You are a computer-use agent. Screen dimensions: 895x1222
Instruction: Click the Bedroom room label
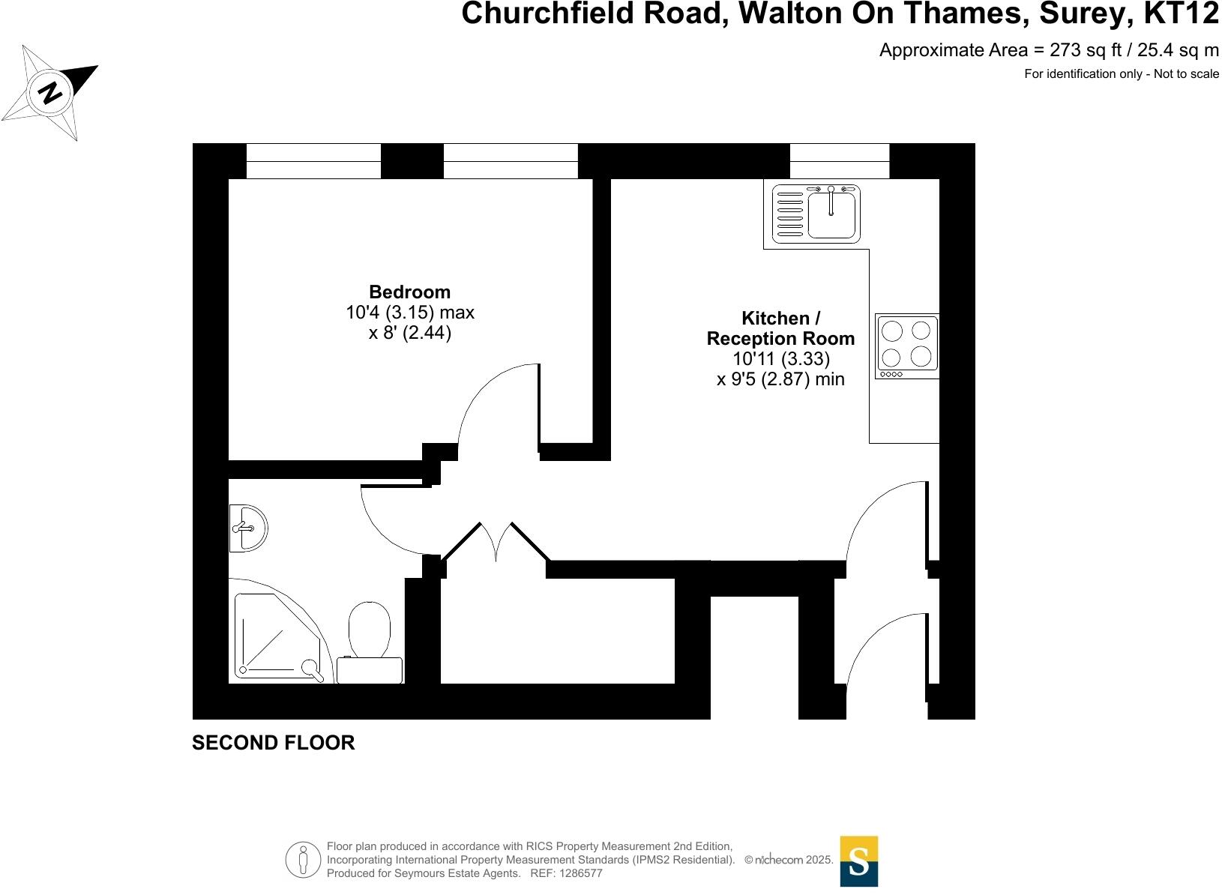click(x=409, y=292)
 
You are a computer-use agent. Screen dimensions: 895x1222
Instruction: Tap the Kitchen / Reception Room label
click(x=780, y=328)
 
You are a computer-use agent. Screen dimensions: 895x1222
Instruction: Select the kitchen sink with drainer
click(x=816, y=214)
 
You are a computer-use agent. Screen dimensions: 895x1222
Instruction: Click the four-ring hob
click(x=906, y=346)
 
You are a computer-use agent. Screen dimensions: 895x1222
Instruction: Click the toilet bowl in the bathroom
click(x=370, y=628)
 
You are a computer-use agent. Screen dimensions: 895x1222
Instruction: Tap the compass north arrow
click(x=52, y=92)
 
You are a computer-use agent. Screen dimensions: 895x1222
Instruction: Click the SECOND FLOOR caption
click(x=273, y=743)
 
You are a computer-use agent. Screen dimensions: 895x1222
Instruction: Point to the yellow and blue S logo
click(x=858, y=861)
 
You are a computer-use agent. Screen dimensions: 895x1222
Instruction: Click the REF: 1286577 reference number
click(x=566, y=873)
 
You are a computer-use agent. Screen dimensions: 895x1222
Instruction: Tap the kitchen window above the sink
click(x=839, y=160)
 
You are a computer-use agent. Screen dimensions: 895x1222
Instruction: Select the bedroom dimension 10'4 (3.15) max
click(x=409, y=312)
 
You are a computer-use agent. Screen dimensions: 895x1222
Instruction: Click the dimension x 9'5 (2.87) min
click(x=780, y=379)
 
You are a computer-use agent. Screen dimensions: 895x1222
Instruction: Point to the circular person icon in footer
click(x=303, y=860)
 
